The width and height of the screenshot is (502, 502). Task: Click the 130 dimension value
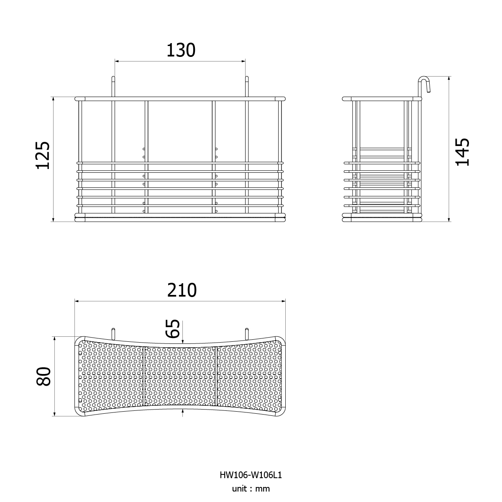pyautogui.click(x=181, y=50)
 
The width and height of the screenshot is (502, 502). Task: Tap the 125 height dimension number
pyautogui.click(x=43, y=156)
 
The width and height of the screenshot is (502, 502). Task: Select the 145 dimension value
pyautogui.click(x=462, y=152)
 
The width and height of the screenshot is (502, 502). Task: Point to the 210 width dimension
pyautogui.click(x=182, y=290)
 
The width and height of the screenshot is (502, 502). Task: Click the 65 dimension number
pyautogui.click(x=173, y=328)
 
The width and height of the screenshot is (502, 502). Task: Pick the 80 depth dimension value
pyautogui.click(x=44, y=376)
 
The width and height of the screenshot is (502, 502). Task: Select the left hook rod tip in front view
pyautogui.click(x=113, y=77)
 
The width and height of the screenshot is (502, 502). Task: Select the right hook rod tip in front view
pyautogui.click(x=247, y=77)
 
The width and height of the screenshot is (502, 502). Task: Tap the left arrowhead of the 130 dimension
pyautogui.click(x=117, y=61)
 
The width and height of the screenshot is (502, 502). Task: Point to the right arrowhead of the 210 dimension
pyautogui.click(x=284, y=301)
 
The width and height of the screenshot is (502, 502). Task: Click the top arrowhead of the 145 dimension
pyautogui.click(x=449, y=78)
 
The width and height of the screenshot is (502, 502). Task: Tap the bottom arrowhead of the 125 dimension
pyautogui.click(x=53, y=220)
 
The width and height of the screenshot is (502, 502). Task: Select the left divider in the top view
pyautogui.click(x=143, y=376)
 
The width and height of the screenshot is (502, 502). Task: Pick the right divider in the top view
pyautogui.click(x=216, y=376)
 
